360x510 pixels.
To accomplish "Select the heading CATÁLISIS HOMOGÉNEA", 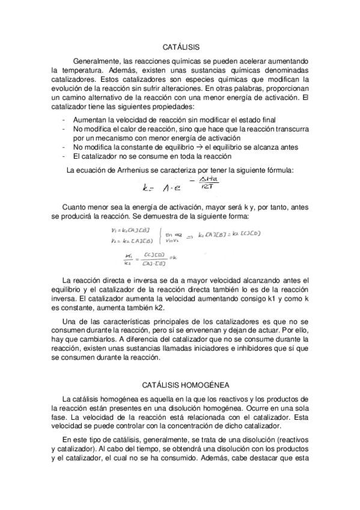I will (181, 383).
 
